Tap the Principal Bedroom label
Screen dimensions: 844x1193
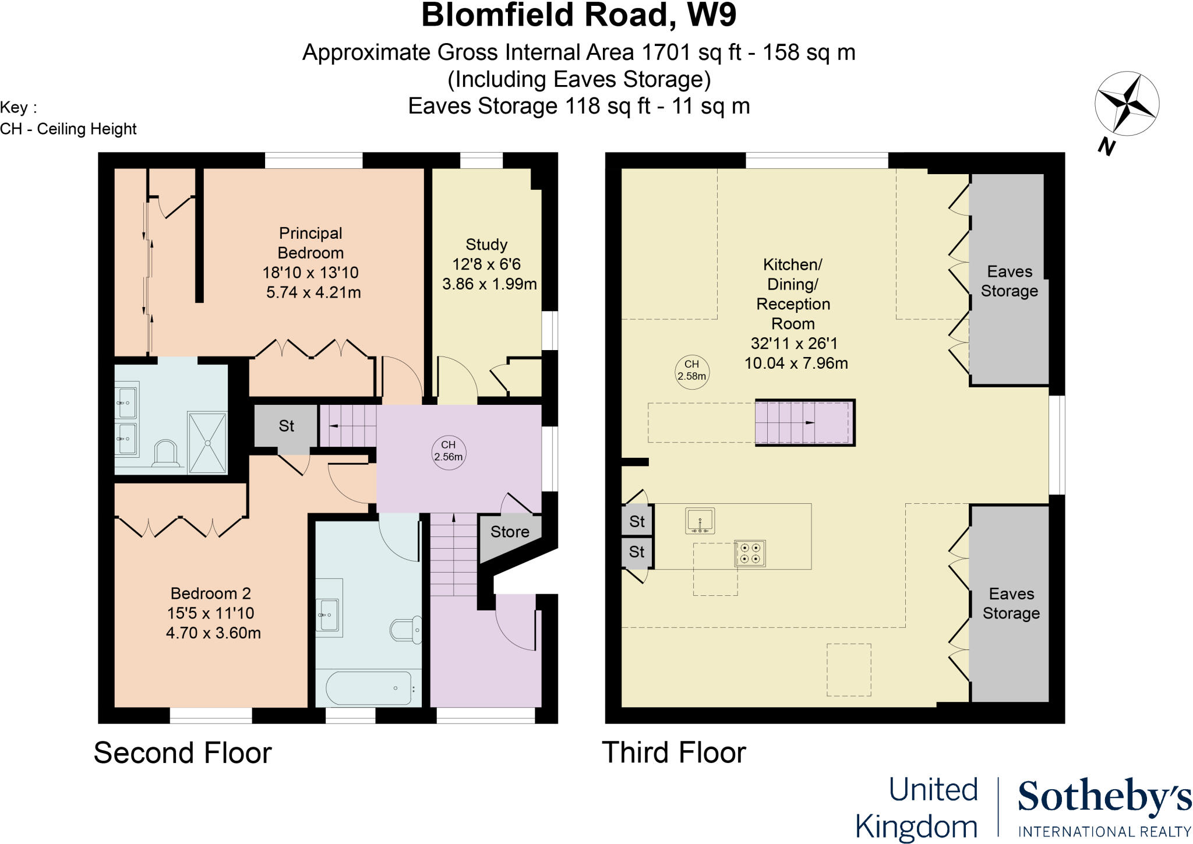pos(310,243)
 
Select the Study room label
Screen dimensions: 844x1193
pos(486,245)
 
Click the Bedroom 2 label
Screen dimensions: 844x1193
pos(211,594)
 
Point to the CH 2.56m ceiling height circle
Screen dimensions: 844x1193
pos(448,451)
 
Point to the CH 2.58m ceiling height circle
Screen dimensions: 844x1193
pos(691,370)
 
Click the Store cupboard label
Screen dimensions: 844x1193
pos(509,532)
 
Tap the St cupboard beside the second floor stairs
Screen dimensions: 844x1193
pos(286,426)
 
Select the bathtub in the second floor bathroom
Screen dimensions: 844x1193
pos(368,688)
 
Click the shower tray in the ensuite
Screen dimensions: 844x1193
pos(207,443)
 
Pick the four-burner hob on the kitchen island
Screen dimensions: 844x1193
pos(750,553)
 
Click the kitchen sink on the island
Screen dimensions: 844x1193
pos(700,520)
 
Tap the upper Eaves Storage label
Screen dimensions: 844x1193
pos(1010,281)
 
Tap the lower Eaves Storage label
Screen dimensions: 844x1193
pos(1011,603)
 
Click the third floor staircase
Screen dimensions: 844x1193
pos(804,423)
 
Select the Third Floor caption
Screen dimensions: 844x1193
pos(673,753)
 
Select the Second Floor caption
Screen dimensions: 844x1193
pos(182,753)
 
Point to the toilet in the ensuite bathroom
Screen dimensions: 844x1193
pos(164,454)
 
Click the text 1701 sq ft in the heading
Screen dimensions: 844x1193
pos(691,53)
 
